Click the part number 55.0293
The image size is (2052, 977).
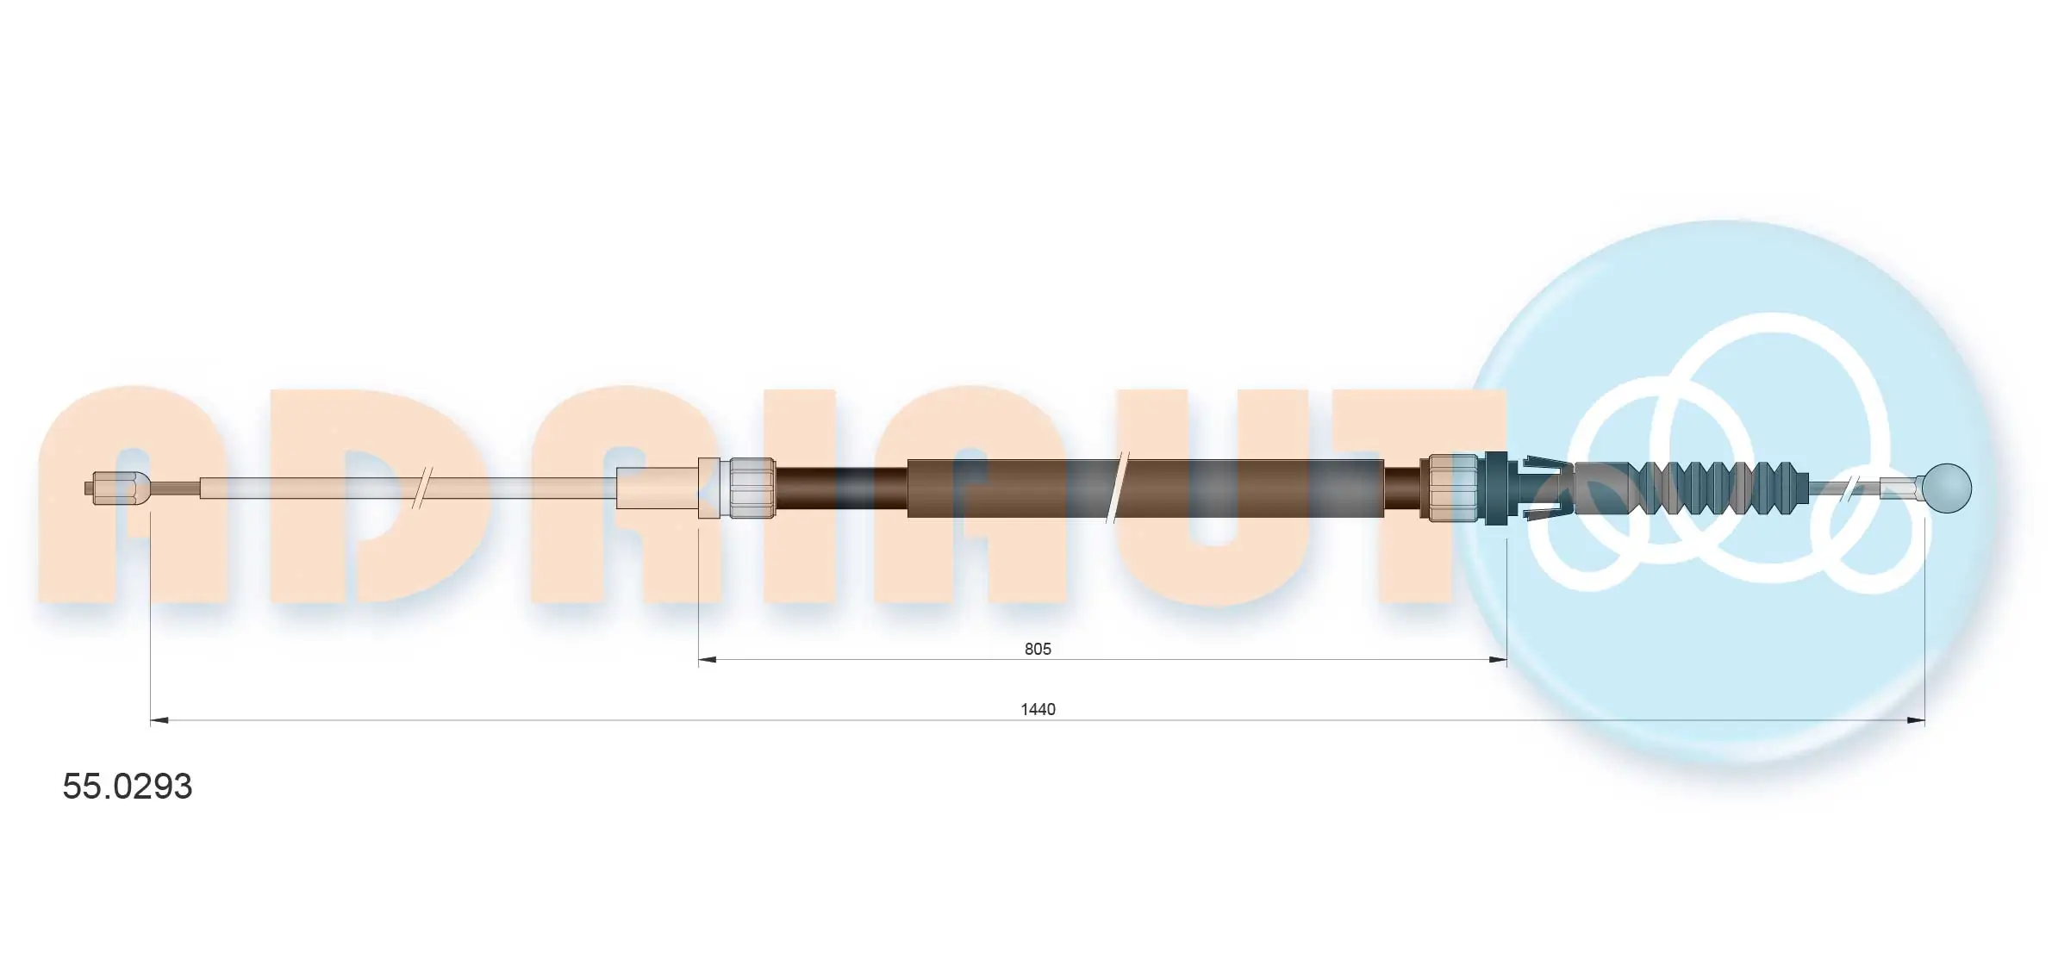coord(127,787)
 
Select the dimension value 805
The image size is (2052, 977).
coord(1038,649)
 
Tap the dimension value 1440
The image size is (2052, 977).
coord(1038,709)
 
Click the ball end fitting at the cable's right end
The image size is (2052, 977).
coord(1946,488)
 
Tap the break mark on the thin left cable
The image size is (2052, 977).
coord(422,488)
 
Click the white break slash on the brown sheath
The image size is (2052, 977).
coord(1117,488)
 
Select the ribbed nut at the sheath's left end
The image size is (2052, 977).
coord(752,488)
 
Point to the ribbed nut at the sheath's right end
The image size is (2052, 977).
coord(1453,488)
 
